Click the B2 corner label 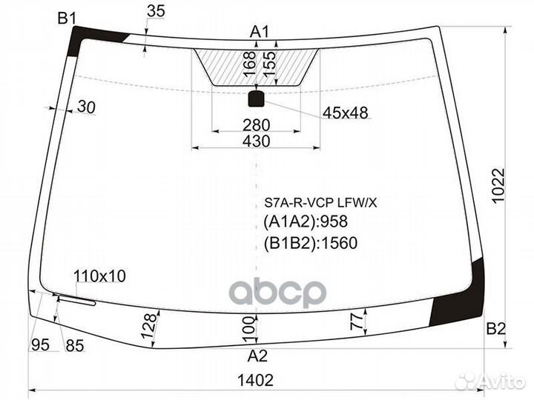point(496,327)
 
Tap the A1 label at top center point(259,32)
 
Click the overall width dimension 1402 point(257,380)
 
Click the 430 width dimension point(256,141)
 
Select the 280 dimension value point(257,124)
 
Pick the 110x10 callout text point(99,276)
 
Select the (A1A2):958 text point(305,221)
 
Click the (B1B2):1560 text point(310,242)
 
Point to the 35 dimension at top point(156,11)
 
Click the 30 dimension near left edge point(87,107)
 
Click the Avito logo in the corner point(492,381)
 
